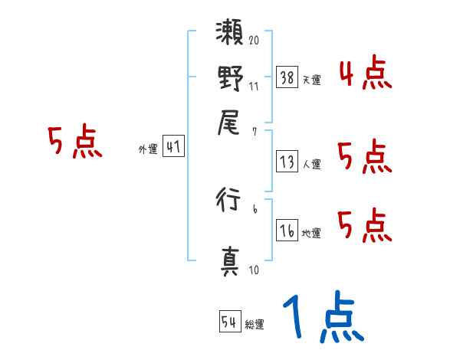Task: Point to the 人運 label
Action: click(x=311, y=163)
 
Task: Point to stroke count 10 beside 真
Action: click(x=254, y=270)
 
